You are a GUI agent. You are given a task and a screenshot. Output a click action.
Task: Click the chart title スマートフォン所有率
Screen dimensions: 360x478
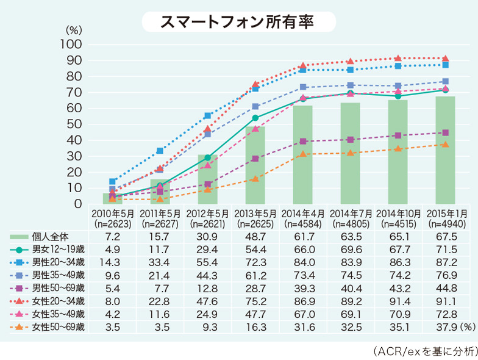[x=238, y=22]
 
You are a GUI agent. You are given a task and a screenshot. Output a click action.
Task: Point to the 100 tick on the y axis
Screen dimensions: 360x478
[x=72, y=45]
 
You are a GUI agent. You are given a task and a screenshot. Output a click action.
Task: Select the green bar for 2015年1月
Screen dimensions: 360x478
[x=445, y=150]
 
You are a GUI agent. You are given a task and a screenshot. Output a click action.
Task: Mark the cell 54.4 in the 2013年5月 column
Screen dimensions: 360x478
[x=255, y=250]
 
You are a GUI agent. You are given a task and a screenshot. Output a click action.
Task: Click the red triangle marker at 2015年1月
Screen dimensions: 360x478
[x=445, y=59]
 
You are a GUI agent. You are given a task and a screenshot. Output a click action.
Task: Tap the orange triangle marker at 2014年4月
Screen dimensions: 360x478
[x=302, y=154]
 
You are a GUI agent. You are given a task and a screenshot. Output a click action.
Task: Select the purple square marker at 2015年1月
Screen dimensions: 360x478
[x=445, y=132]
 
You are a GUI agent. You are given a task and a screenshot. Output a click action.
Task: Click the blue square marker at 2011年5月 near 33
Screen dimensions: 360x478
[x=160, y=151]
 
